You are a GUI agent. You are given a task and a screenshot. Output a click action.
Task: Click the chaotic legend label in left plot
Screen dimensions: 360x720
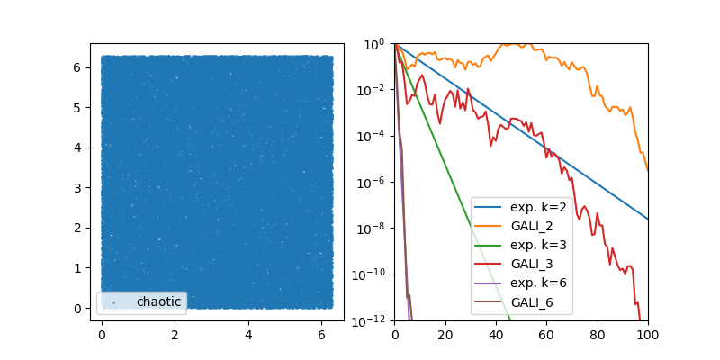pyautogui.click(x=158, y=301)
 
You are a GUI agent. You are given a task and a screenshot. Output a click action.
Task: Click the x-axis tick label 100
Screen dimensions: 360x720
pyautogui.click(x=648, y=335)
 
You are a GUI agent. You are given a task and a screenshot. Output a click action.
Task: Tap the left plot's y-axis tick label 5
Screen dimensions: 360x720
pyautogui.click(x=79, y=108)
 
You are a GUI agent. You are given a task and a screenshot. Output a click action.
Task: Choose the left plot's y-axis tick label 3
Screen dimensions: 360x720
pyautogui.click(x=79, y=188)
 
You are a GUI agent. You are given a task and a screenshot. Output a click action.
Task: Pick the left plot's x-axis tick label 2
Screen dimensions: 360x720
pyautogui.click(x=175, y=335)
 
